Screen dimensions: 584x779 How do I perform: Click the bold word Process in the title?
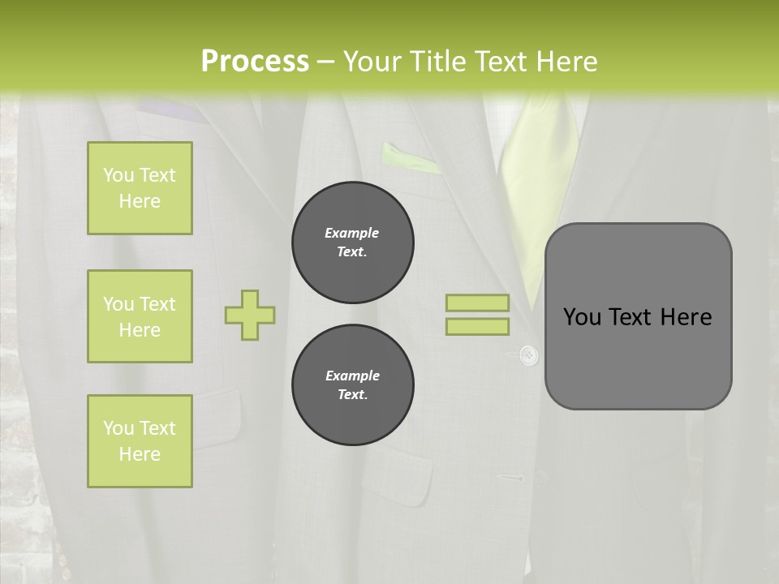tap(255, 62)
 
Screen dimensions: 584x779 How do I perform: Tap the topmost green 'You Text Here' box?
tap(140, 188)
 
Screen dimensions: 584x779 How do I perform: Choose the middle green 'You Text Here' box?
tap(140, 316)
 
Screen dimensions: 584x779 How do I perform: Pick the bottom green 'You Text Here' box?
tap(140, 441)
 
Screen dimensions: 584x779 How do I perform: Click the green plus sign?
tap(250, 315)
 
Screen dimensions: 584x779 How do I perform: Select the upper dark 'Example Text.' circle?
tap(352, 243)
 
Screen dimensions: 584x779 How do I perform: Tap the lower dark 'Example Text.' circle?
tap(352, 385)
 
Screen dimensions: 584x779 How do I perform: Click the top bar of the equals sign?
tap(477, 303)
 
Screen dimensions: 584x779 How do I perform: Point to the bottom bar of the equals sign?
tap(477, 326)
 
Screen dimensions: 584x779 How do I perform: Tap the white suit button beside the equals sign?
tap(528, 354)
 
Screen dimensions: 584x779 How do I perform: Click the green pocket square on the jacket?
tap(411, 159)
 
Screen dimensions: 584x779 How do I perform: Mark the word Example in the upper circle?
tap(351, 233)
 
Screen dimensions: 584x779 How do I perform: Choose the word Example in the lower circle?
tap(352, 376)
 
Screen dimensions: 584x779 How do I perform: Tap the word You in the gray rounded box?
tap(581, 317)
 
